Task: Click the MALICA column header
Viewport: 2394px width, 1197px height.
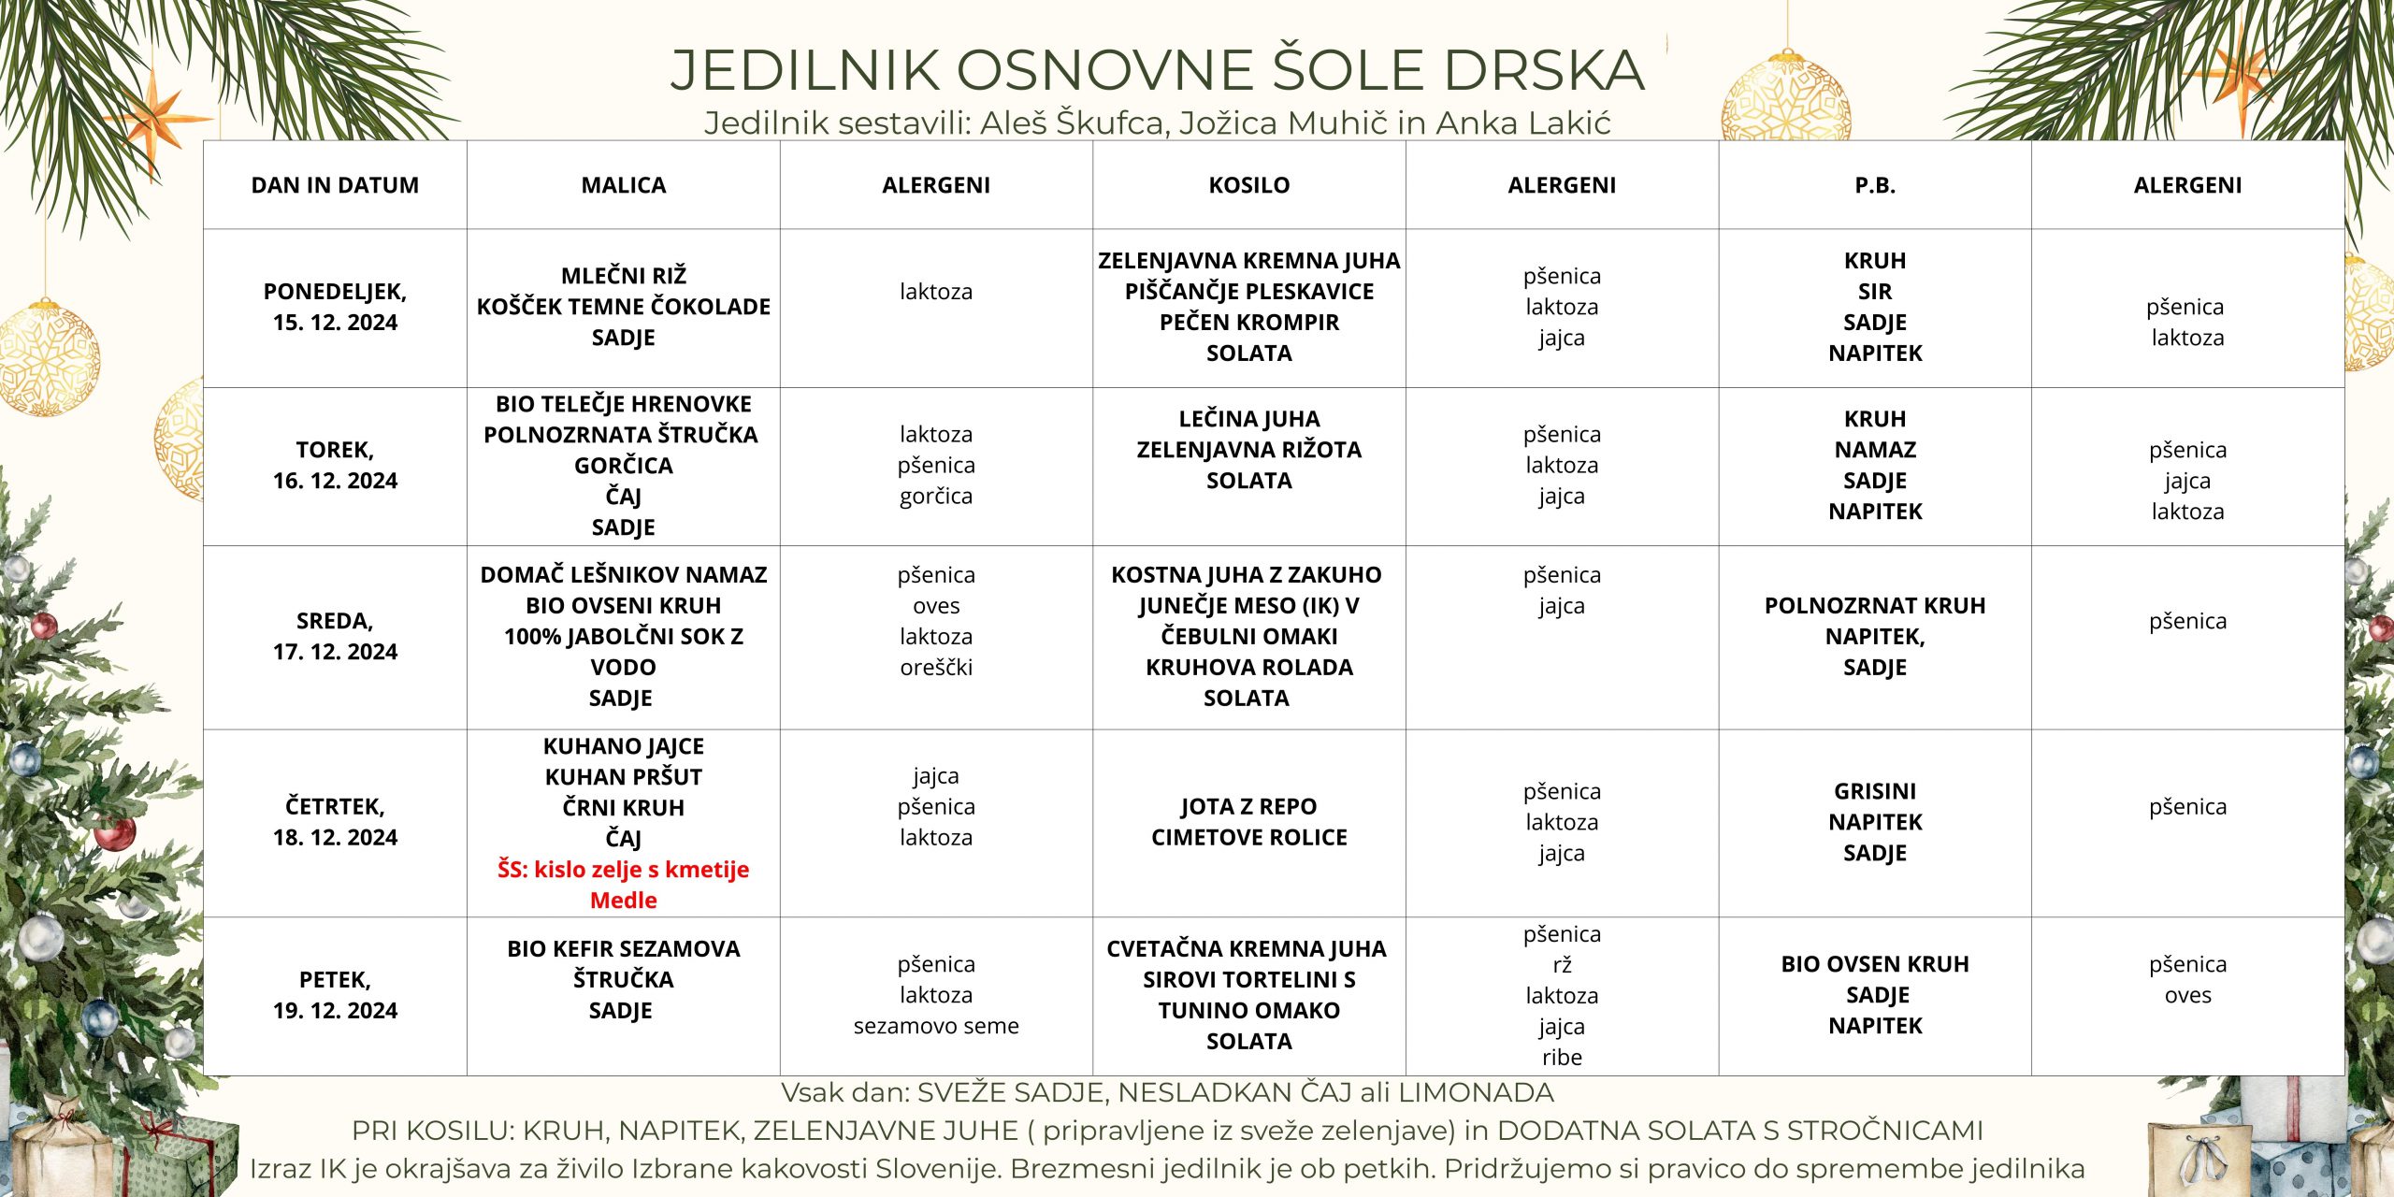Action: [x=623, y=185]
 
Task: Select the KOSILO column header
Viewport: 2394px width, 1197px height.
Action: [x=1248, y=185]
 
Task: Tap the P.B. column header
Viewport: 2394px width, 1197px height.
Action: [x=1874, y=185]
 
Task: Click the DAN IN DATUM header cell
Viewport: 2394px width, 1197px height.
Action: [x=335, y=185]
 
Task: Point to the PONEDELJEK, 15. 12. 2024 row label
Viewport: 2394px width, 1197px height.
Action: [x=335, y=307]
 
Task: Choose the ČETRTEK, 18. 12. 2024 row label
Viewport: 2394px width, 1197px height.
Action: [x=335, y=821]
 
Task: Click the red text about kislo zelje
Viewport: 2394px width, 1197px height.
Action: [x=623, y=884]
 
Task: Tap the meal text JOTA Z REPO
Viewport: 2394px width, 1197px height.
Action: [x=1248, y=806]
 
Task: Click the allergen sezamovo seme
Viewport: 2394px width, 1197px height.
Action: [x=936, y=1026]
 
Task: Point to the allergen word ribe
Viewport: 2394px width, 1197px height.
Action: [x=1562, y=1057]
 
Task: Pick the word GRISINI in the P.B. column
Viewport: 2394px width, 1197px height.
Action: [x=1874, y=791]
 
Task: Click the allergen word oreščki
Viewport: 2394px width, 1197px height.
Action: [x=936, y=667]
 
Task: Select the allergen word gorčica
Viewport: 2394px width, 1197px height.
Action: [x=936, y=496]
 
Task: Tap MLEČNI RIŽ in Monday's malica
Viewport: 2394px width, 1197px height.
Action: [x=623, y=276]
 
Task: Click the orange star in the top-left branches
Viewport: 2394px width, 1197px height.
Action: [x=154, y=117]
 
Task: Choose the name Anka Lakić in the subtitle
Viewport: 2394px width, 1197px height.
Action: [x=1523, y=123]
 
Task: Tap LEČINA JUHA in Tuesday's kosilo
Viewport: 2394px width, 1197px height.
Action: [x=1248, y=419]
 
